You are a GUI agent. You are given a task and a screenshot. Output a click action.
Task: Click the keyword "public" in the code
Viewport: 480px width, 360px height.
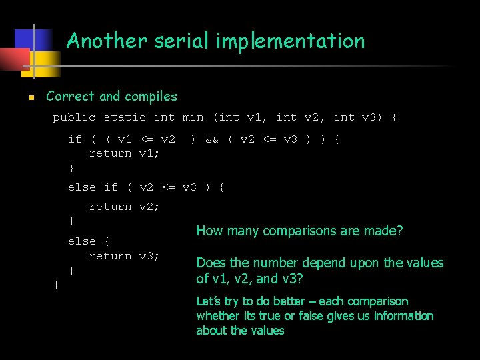point(75,117)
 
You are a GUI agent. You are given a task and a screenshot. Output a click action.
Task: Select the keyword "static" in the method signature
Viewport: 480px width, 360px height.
point(125,117)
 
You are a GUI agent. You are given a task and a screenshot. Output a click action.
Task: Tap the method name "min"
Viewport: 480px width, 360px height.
point(193,117)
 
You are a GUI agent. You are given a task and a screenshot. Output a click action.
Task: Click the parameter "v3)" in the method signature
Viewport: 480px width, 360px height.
point(373,117)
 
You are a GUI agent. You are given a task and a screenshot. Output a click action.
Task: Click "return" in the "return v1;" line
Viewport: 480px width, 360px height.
point(110,153)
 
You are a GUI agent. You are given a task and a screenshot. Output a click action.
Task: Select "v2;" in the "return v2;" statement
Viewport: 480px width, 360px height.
point(149,207)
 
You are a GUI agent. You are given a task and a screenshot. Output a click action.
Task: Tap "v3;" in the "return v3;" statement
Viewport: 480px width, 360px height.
point(149,256)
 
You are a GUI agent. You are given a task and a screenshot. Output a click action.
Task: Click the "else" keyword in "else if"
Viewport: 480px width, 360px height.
point(82,187)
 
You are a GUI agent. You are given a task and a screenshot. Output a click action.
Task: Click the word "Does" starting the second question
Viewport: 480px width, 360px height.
point(210,263)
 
